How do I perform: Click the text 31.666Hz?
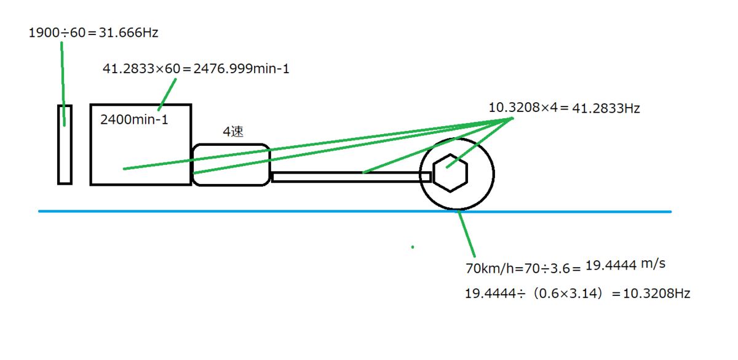[129, 33]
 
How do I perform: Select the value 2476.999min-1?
[241, 68]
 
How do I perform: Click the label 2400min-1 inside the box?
[134, 119]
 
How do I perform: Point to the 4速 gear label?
[233, 132]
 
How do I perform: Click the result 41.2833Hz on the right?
[606, 108]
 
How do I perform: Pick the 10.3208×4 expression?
[523, 107]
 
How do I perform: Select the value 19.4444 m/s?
[625, 265]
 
